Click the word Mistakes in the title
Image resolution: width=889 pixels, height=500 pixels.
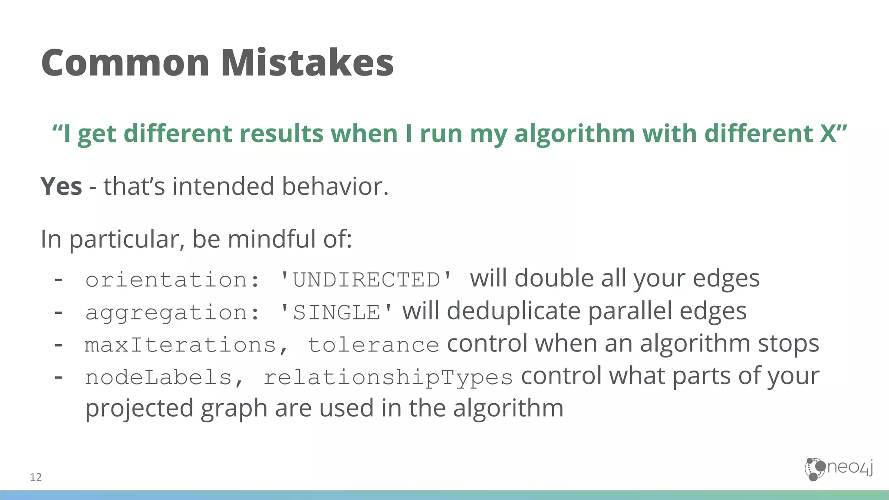[307, 63]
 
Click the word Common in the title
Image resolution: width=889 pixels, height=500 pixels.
[125, 63]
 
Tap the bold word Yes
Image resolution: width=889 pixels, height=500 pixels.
[61, 187]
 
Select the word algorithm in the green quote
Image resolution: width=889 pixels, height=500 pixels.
[574, 134]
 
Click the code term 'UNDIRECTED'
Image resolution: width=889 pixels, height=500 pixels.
[366, 280]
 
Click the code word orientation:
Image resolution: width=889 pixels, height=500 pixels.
[173, 280]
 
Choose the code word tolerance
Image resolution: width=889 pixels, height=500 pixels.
[373, 345]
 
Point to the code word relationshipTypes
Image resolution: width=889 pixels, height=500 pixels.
[388, 378]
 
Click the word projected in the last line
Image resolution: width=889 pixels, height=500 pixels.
[139, 409]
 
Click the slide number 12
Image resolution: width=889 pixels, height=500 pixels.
[36, 477]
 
